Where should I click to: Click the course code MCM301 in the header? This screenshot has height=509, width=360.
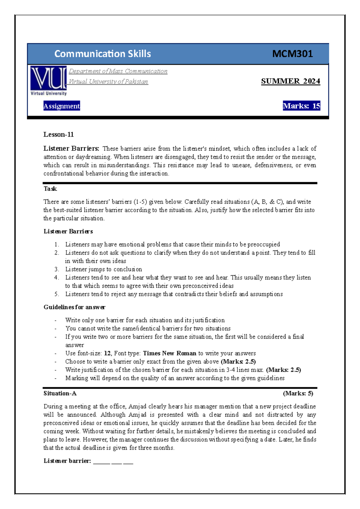click(292, 54)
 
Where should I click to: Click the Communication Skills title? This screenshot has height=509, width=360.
click(103, 54)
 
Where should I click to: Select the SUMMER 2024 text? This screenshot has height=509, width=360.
click(290, 81)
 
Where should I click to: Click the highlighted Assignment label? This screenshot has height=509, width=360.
click(61, 106)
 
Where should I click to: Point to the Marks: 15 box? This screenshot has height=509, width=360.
click(301, 106)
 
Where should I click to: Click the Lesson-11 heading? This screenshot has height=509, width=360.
click(58, 134)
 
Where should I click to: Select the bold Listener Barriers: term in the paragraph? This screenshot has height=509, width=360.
click(71, 148)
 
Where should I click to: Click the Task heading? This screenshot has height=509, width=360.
click(50, 189)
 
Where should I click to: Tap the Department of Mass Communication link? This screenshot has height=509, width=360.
click(118, 71)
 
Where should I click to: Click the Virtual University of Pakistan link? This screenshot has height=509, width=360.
click(108, 81)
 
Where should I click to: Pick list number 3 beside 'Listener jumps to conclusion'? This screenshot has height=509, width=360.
click(57, 269)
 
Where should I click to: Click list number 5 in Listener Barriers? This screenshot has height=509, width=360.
click(57, 294)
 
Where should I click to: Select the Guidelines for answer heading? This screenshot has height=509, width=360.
click(74, 307)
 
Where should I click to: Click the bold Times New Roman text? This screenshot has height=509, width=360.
click(169, 353)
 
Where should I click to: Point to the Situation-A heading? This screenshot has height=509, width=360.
click(60, 393)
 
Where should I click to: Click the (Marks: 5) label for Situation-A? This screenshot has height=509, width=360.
click(298, 393)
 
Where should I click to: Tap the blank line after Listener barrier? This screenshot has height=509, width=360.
click(113, 462)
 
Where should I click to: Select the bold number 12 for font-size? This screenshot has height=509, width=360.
click(107, 353)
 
